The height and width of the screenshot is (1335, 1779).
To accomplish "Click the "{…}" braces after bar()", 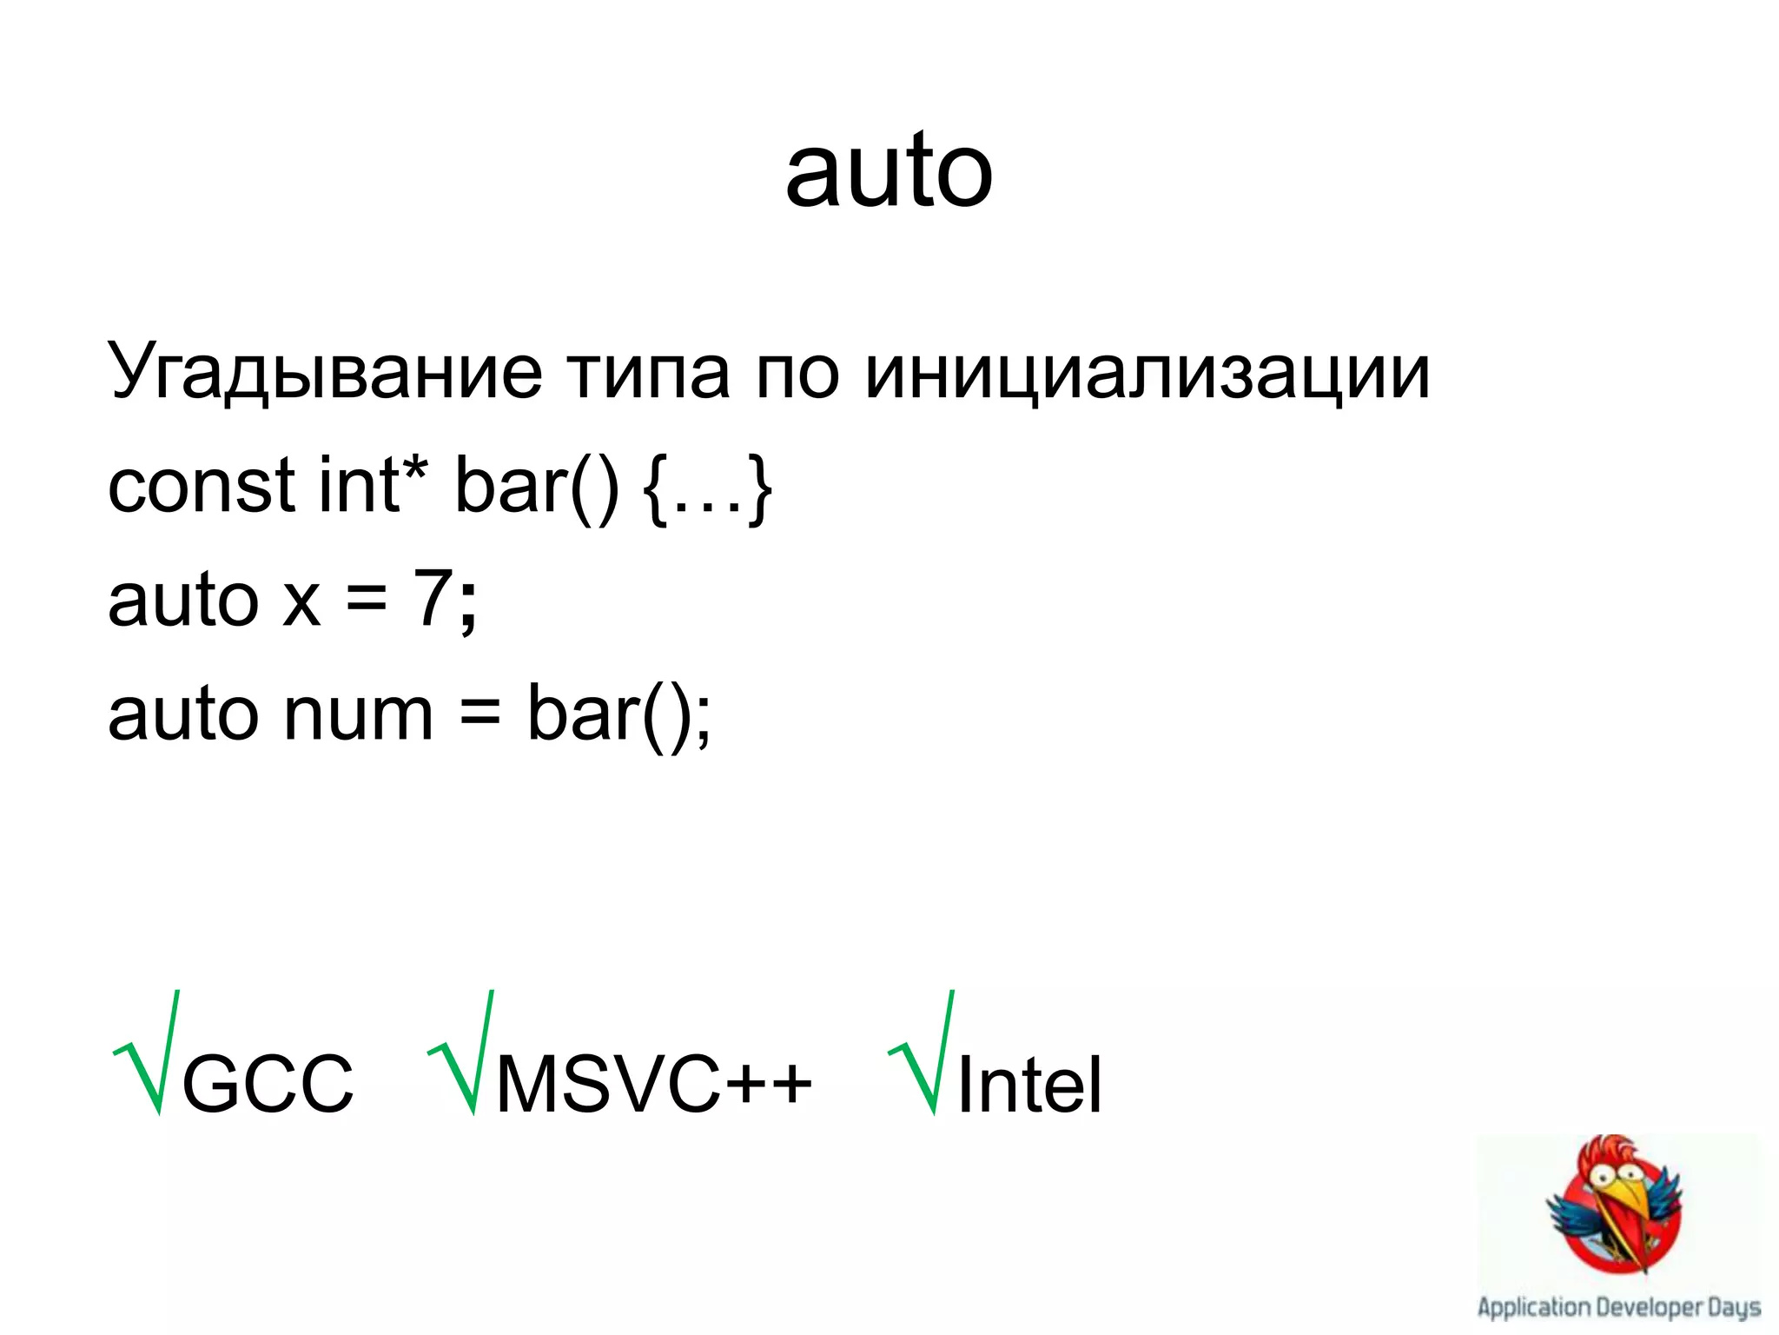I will point(708,488).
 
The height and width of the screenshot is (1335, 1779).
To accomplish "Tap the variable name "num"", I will point(358,714).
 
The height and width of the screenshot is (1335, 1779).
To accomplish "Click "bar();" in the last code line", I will point(618,714).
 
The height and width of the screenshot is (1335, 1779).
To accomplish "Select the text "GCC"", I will point(268,1083).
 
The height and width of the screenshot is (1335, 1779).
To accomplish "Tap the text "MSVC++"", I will point(653,1083).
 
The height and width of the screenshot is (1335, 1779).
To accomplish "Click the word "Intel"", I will point(1029,1083).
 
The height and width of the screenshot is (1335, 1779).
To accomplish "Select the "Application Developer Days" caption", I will point(1618,1306).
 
